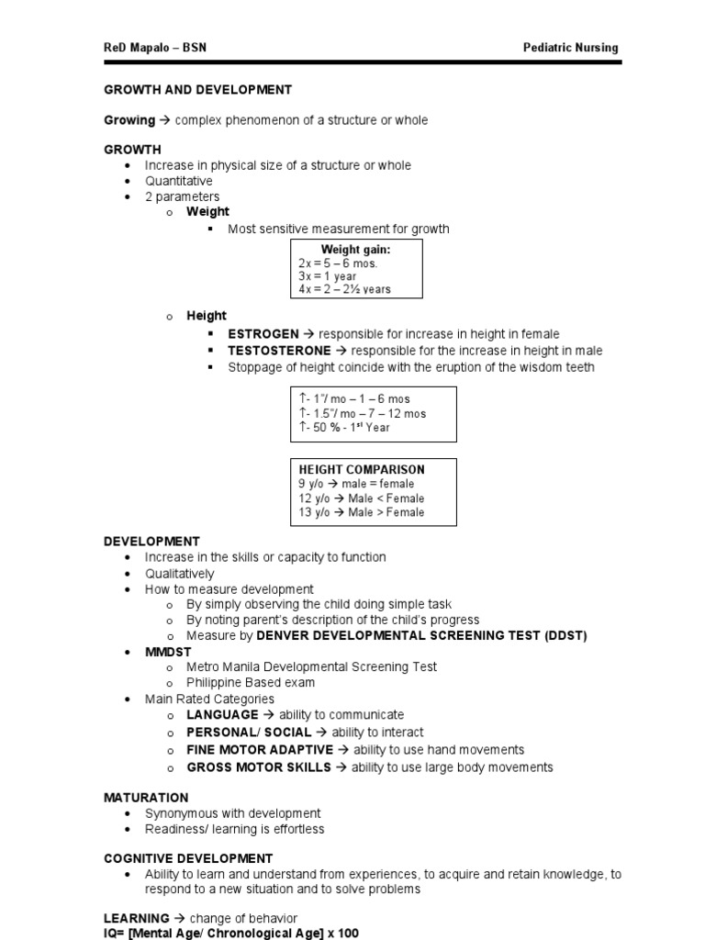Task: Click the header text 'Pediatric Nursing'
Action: (x=570, y=48)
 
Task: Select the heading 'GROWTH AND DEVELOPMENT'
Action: (x=197, y=90)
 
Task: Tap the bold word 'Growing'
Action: (x=129, y=120)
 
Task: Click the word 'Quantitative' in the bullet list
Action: (x=178, y=181)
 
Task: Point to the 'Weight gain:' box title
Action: (x=355, y=250)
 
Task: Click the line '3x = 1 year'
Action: (x=328, y=276)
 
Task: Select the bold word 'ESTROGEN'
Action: (x=263, y=334)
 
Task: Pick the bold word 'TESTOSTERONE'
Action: (x=279, y=351)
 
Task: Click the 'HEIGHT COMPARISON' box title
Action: (x=362, y=469)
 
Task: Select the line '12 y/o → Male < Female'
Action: (x=361, y=498)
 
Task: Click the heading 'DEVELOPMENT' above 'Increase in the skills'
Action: (x=151, y=542)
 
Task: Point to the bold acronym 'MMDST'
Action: (x=168, y=652)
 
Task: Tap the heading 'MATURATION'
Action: (x=146, y=798)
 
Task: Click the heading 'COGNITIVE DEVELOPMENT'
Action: (x=188, y=858)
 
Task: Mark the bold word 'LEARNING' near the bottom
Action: (x=137, y=918)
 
